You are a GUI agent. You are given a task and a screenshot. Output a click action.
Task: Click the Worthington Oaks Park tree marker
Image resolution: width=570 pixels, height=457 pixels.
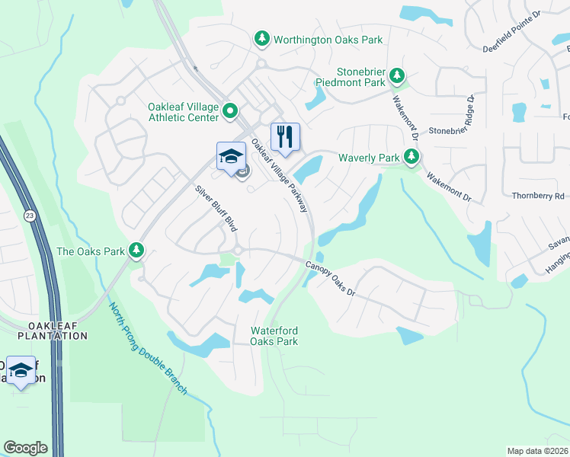pos(261,38)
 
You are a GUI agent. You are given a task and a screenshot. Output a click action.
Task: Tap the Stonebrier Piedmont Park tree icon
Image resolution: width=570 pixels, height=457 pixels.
pos(396,75)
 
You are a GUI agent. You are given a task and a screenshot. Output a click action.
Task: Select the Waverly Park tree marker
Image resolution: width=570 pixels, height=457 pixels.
pos(411,157)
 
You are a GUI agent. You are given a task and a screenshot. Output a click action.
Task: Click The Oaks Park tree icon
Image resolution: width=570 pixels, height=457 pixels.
pos(136,250)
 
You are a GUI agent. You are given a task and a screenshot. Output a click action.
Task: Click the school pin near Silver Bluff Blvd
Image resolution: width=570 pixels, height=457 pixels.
pos(231,156)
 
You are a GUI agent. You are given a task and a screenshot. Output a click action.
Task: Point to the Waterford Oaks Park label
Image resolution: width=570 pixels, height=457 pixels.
pos(274,336)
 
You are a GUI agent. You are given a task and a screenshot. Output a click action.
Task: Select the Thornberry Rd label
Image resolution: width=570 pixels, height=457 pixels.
pos(539,196)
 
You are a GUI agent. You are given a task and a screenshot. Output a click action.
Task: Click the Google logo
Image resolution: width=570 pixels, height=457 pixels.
pos(25,448)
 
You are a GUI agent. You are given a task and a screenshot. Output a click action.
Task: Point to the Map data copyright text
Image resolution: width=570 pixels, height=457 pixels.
pos(538,451)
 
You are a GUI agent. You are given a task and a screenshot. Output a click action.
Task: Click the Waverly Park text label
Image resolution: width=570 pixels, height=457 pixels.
pos(370,158)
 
